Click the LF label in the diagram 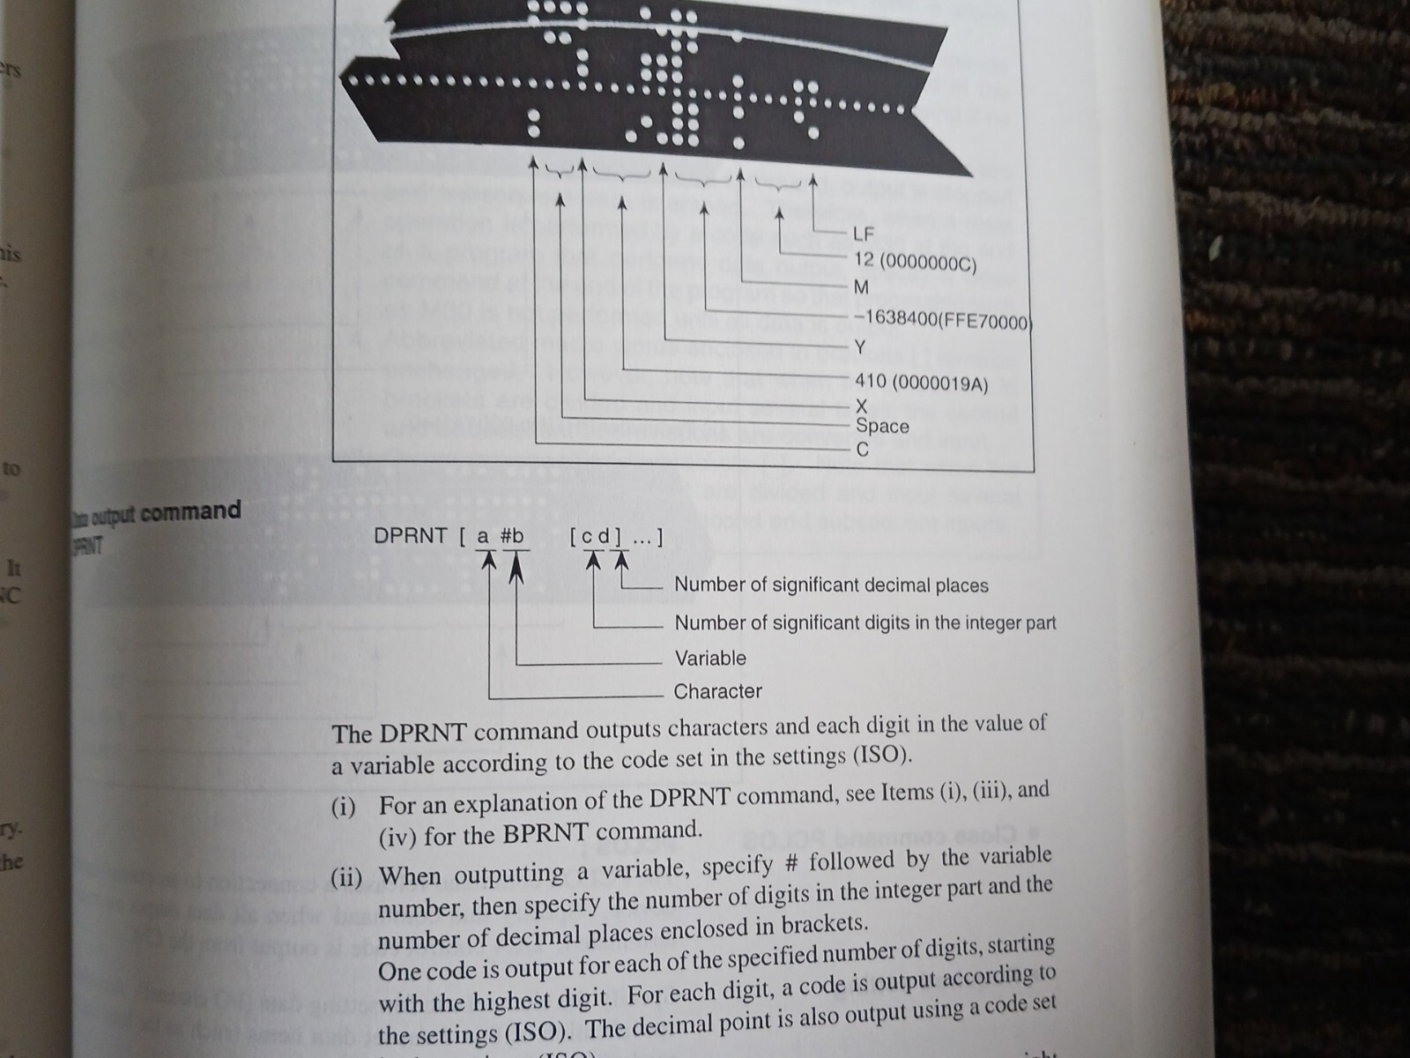(863, 235)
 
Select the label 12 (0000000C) (915, 262)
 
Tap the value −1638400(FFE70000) (942, 319)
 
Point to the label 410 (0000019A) (921, 384)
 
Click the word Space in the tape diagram (882, 426)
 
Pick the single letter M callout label (861, 287)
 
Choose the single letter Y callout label (860, 346)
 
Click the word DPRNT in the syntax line (410, 536)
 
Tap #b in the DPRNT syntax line (512, 536)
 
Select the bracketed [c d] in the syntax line (596, 536)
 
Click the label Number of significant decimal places (831, 585)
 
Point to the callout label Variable (709, 658)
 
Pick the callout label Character (717, 691)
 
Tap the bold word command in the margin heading (189, 511)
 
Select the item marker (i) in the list (343, 807)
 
